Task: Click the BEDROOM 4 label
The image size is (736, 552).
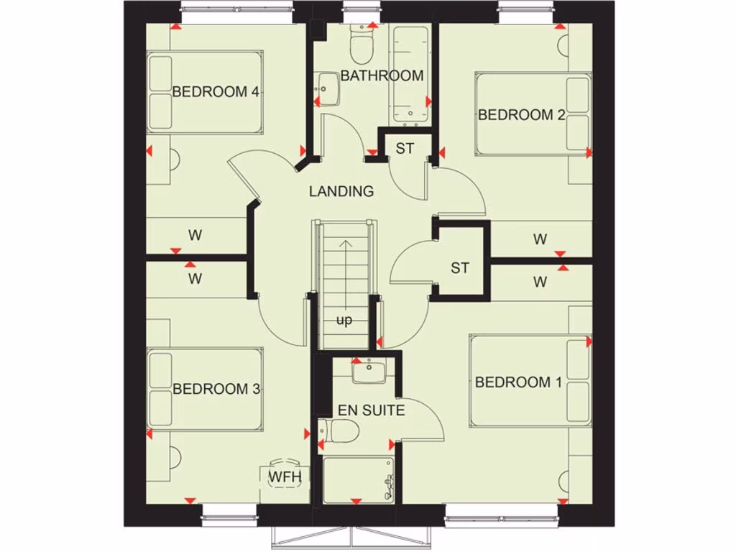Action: point(216,92)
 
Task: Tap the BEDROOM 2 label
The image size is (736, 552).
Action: point(521,114)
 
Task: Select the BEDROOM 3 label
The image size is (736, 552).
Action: point(216,389)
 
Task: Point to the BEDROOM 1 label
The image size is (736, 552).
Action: point(518,382)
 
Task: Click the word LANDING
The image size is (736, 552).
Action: point(341,191)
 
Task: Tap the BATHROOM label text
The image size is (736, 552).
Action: point(382,75)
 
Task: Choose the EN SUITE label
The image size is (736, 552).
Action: point(372,410)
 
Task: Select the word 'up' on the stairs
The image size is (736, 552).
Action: point(344,321)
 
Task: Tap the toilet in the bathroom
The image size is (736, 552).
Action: point(359,43)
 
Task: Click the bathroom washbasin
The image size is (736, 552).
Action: point(328,89)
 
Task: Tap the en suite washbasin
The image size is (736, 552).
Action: point(369,372)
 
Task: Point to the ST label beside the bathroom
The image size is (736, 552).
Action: point(405,149)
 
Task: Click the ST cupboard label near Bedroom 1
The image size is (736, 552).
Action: point(460,268)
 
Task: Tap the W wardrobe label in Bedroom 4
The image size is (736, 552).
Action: point(194,234)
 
